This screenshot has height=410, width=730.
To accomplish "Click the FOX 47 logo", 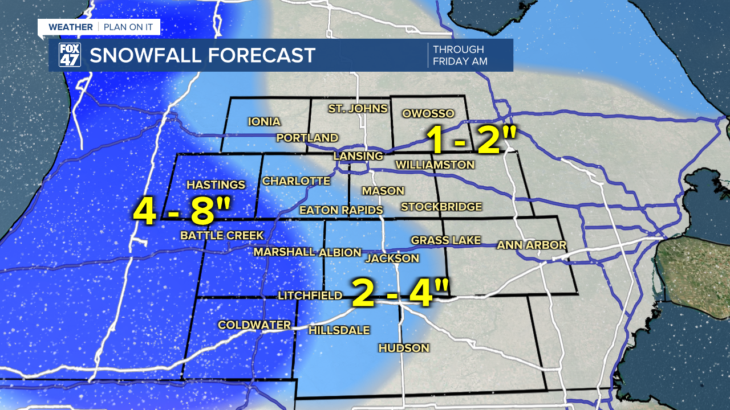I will [70, 55].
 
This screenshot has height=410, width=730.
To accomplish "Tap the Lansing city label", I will [358, 156].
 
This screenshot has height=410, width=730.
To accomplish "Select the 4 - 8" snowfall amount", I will [181, 212].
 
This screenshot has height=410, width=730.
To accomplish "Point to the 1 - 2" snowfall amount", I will [474, 140].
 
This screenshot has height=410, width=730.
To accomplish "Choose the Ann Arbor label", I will [532, 245].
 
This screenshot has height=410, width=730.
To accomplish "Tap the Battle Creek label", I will [222, 235].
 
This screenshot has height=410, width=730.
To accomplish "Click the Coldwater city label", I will [254, 325].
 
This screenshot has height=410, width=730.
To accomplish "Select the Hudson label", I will [404, 348].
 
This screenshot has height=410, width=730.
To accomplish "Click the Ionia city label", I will [264, 121].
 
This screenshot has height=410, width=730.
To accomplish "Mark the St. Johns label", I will [358, 108].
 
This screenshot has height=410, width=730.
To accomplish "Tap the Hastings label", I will [216, 184].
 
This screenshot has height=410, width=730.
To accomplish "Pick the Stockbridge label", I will [441, 207].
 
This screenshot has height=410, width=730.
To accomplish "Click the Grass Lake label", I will [446, 240].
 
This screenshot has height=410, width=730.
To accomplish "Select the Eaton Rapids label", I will [341, 210].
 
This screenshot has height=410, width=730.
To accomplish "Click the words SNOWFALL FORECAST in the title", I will [202, 55].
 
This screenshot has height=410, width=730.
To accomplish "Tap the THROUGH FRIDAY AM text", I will [460, 55].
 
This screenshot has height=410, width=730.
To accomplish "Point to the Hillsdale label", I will [339, 330].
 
